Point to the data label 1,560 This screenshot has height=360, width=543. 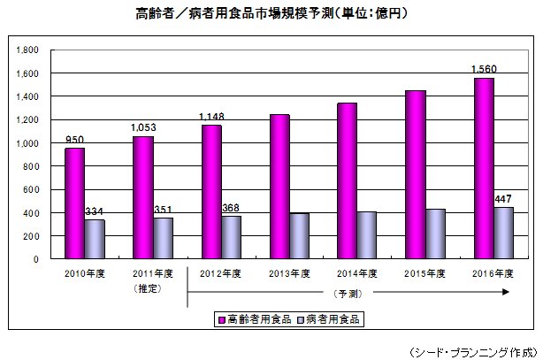click(x=483, y=69)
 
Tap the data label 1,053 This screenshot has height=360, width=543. click(x=142, y=128)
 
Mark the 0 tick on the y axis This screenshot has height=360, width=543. click(x=35, y=259)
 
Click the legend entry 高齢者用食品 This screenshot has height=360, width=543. click(x=253, y=316)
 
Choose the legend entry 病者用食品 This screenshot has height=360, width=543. click(x=333, y=316)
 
